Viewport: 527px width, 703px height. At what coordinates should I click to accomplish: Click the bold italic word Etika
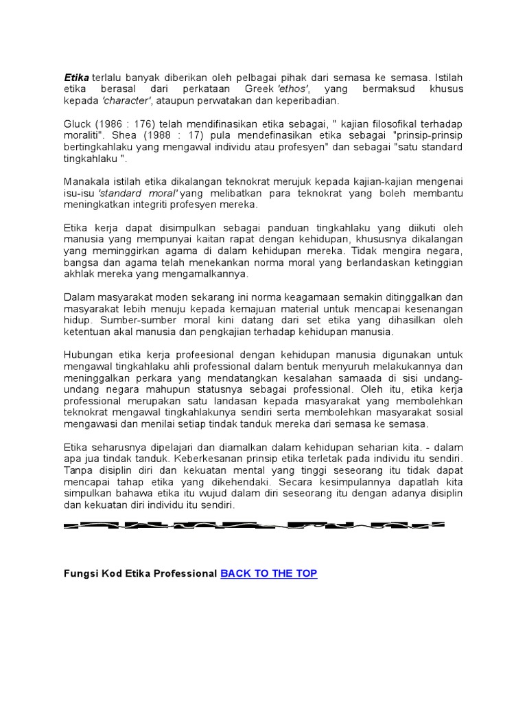point(77,78)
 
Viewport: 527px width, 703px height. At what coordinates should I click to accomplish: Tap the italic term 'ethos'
point(293,89)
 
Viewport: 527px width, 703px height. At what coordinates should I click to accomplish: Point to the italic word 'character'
point(127,101)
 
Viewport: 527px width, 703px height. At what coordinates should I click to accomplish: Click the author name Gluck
point(77,124)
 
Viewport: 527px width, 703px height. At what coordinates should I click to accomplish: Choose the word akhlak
point(78,274)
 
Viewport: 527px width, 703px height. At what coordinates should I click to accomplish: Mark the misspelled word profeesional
point(193,355)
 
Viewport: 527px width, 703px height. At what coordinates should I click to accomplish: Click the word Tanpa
point(78,470)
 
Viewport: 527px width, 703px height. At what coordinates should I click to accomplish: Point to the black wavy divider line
point(254,526)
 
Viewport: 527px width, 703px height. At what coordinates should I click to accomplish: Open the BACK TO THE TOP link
point(268,573)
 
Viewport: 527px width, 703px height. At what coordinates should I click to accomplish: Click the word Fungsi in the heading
point(81,573)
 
